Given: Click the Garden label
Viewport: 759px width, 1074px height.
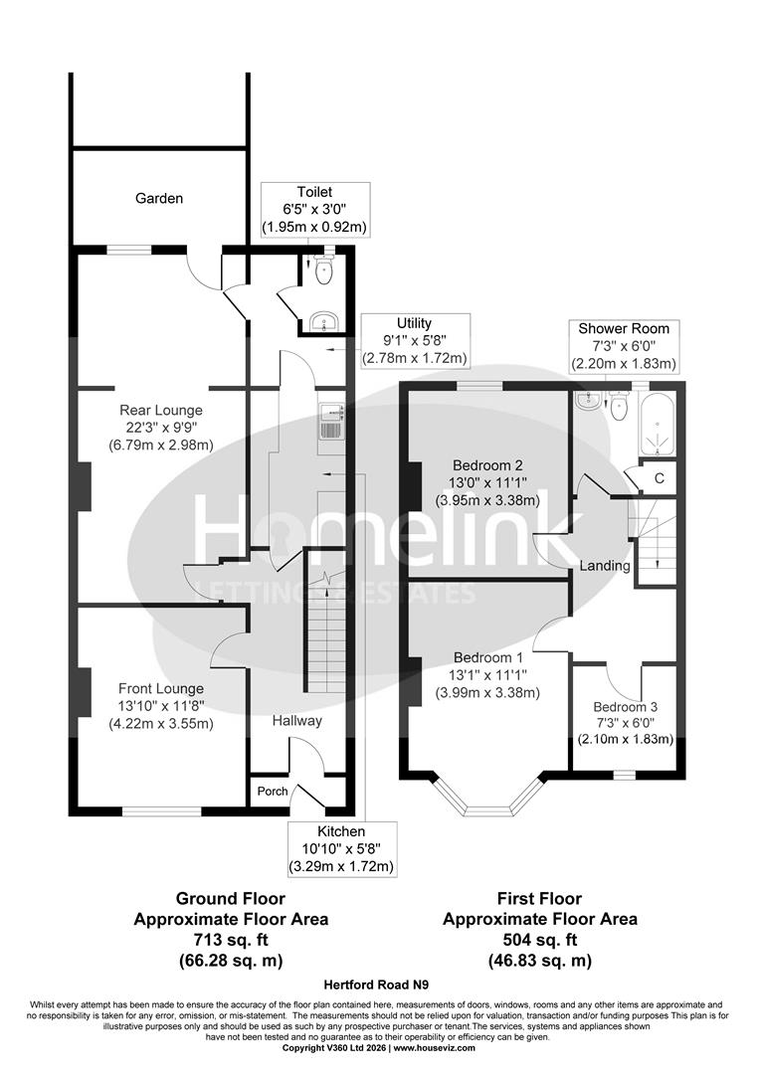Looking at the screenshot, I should point(159,198).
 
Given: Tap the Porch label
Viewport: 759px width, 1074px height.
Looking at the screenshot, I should point(273,792).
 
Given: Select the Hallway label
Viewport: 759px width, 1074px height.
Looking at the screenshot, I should point(296,720).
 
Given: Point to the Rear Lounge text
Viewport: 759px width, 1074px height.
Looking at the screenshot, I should point(161,410).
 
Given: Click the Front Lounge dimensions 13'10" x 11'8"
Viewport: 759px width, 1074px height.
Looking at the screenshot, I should point(161,706).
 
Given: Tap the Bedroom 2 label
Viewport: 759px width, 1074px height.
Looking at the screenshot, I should point(487,465).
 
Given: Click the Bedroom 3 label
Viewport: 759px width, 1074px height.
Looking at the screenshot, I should point(626,707).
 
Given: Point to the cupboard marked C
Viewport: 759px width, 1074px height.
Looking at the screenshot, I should point(659,477).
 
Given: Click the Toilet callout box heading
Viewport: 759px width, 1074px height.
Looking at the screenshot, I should point(313,192).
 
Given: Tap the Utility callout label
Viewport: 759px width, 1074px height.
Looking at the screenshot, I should point(414,323).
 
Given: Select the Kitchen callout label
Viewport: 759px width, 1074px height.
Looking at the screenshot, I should point(341,831).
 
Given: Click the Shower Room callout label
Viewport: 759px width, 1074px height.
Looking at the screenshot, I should point(623,328).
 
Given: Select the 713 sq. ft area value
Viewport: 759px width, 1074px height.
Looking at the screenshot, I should point(231,940).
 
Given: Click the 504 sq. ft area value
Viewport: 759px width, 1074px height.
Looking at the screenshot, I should point(539,940).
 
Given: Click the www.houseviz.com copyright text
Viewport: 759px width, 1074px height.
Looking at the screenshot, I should point(441,1048).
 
